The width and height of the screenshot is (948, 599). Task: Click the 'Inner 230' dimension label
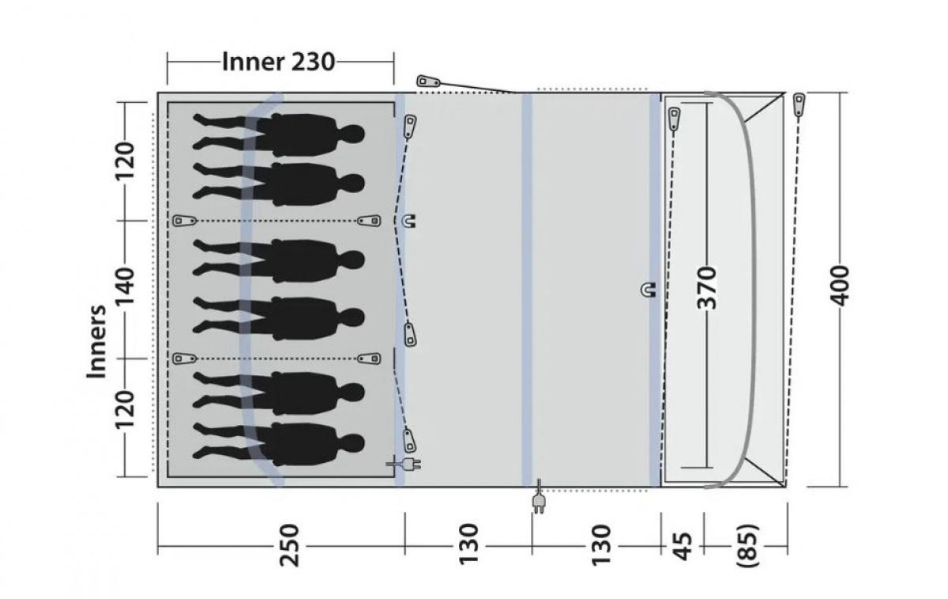tap(279, 61)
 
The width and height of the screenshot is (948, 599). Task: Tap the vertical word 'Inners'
tap(97, 341)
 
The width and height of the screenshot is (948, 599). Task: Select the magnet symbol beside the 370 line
tap(647, 290)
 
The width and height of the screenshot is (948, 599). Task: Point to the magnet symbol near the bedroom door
tap(408, 221)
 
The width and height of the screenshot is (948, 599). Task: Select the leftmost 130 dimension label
tap(468, 544)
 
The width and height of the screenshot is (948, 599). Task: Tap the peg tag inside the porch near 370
tap(674, 118)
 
